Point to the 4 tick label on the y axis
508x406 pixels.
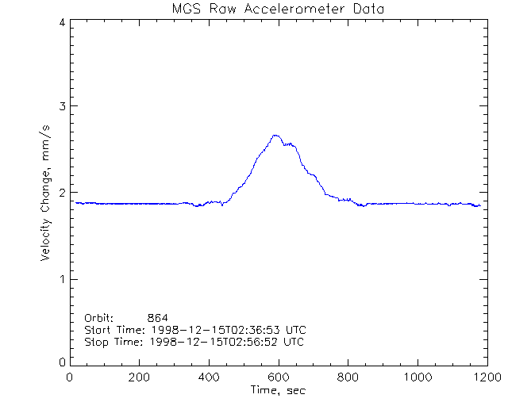[61, 22]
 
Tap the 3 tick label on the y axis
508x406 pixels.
[61, 106]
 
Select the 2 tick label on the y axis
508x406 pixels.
[61, 193]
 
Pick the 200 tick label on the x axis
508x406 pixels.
[140, 377]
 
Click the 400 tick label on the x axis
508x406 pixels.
[209, 377]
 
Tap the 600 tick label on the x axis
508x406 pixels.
[278, 377]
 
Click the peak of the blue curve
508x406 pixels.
[275, 136]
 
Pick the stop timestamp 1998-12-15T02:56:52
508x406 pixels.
[212, 342]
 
